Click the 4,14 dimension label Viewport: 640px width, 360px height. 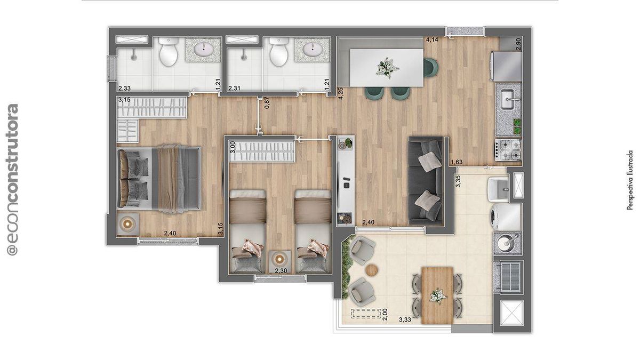(x=432, y=39)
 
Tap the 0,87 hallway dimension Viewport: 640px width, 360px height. (x=267, y=103)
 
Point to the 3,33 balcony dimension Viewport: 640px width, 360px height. (x=405, y=319)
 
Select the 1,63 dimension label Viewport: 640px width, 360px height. (x=457, y=162)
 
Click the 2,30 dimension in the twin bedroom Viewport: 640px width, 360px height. (x=281, y=270)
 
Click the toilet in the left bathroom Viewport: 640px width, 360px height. (x=168, y=52)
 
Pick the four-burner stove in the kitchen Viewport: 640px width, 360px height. (x=509, y=150)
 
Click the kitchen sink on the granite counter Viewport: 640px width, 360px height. (x=509, y=99)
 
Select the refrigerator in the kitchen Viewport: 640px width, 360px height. (x=506, y=66)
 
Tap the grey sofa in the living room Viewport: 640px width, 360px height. (x=426, y=181)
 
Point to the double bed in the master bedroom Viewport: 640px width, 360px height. (x=159, y=179)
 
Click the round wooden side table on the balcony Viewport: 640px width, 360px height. (x=372, y=270)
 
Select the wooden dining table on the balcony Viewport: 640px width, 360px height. (x=437, y=295)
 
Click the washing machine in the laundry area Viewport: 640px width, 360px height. (x=506, y=217)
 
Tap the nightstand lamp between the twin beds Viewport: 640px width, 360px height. (x=279, y=259)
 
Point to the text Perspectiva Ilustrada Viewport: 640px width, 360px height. (x=630, y=180)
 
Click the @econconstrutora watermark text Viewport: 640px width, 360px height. (x=12, y=179)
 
